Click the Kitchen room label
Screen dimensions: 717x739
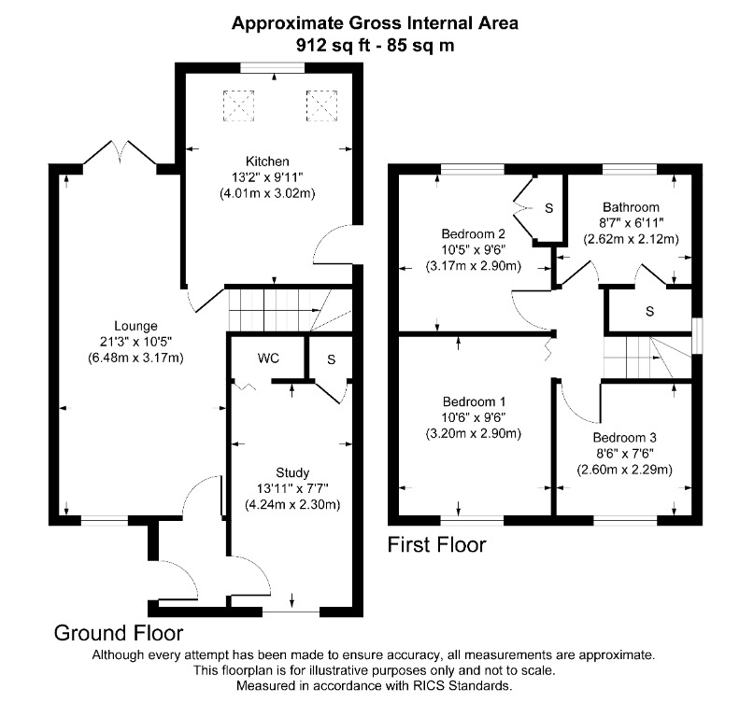coord(267,161)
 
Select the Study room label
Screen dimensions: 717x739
coord(291,472)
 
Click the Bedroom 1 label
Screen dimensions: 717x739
coord(473,401)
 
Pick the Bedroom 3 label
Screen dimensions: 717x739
coord(624,437)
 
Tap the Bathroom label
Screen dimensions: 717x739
coord(631,207)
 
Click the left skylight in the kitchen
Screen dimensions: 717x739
coord(238,105)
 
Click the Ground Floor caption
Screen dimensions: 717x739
coord(118,633)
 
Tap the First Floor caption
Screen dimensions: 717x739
coord(437,544)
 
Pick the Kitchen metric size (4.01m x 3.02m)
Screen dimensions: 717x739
coord(267,193)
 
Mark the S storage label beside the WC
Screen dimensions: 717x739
coord(332,358)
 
